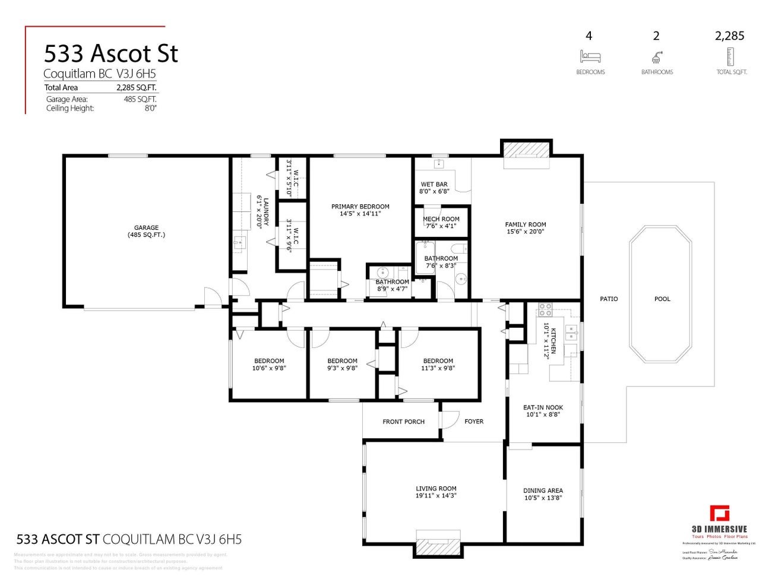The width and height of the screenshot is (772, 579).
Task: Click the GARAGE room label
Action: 146,228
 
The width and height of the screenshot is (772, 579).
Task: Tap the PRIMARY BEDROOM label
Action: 360,207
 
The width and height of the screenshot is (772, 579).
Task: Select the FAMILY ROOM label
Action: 525,224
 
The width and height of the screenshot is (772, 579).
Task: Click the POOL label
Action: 662,299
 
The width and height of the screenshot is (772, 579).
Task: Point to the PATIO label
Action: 609,299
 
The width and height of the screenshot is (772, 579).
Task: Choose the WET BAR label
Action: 434,185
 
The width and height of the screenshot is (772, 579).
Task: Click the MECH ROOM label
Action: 441,219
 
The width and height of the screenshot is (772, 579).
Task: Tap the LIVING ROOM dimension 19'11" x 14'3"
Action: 436,496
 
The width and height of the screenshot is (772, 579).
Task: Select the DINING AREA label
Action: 543,491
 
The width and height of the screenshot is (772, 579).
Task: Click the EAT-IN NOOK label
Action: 543,407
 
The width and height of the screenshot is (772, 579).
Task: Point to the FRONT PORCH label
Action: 403,422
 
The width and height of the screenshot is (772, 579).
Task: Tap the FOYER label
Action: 474,422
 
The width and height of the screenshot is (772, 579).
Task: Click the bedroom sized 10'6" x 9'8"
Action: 269,365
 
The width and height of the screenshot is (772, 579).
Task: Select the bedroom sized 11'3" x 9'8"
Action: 438,365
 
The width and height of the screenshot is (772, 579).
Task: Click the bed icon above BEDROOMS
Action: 590,57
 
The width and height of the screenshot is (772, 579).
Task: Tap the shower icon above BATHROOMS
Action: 657,57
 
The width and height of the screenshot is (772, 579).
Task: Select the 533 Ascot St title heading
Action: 111,53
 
